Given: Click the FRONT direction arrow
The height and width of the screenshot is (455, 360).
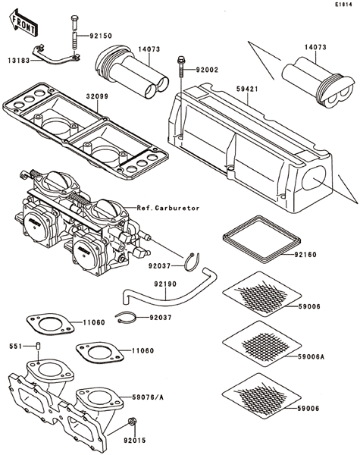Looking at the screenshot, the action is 23,24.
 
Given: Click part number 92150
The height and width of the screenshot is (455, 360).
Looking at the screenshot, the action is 101,36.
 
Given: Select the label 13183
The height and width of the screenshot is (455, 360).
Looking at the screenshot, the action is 19,61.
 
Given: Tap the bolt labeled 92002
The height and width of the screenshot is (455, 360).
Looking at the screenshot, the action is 180,66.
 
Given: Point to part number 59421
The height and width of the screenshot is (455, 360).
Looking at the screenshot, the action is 247,89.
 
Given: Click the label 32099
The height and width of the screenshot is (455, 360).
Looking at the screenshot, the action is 97,96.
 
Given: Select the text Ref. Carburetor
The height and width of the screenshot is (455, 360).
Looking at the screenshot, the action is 168,208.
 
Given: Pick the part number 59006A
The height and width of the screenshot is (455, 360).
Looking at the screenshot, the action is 311,356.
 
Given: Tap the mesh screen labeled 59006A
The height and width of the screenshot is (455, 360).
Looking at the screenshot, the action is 261,344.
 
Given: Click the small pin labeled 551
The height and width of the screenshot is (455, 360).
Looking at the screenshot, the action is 38,347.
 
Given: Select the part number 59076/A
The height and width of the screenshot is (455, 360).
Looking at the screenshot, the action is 148,397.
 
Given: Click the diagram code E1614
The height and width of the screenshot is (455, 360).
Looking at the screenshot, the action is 343,5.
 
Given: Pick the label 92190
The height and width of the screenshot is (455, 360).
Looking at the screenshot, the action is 165,284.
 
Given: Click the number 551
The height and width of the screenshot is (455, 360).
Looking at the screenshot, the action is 15,347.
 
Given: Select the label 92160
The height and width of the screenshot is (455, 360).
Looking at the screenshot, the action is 305,255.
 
